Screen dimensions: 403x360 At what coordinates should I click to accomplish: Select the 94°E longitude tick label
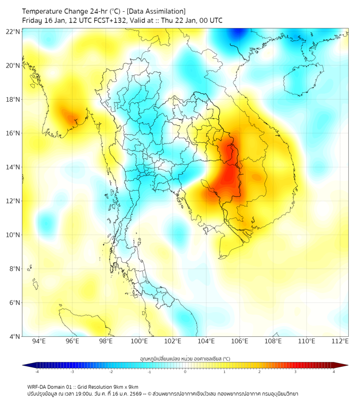(39, 341)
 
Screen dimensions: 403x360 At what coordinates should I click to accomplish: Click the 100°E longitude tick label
(140, 341)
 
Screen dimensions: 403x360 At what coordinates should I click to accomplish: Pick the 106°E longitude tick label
(240, 341)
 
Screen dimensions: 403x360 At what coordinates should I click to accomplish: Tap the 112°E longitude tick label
(340, 341)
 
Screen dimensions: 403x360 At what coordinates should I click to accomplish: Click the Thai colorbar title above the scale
(185, 358)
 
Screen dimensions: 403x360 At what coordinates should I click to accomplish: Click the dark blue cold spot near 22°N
(236, 34)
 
